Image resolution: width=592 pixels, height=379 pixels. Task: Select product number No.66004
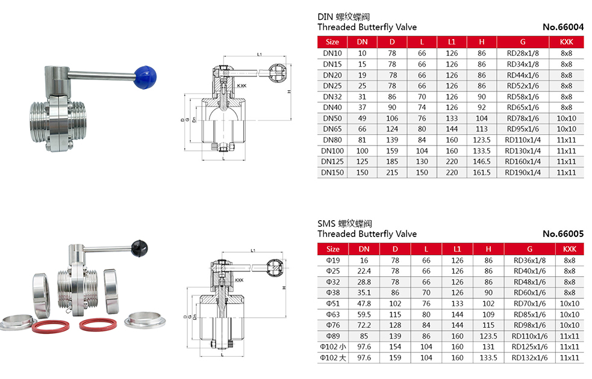(x=563, y=27)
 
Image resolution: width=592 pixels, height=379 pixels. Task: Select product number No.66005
(x=563, y=234)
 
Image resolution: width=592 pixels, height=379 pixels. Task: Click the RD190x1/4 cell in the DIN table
(x=523, y=173)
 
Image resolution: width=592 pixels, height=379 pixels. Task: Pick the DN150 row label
(x=332, y=173)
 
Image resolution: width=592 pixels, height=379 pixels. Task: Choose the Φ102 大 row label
(x=333, y=357)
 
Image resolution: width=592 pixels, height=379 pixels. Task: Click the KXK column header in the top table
(x=566, y=42)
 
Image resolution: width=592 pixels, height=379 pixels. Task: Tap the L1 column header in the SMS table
(x=457, y=249)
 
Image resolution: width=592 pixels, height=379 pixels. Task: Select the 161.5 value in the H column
(x=482, y=173)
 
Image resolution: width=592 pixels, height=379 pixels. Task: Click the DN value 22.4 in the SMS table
(x=364, y=271)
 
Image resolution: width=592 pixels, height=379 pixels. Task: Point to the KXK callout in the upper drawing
(x=241, y=86)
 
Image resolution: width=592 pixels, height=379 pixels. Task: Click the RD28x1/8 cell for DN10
(x=523, y=54)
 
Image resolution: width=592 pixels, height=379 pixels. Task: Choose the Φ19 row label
(x=333, y=260)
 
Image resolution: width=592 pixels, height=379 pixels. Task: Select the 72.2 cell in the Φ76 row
(x=364, y=325)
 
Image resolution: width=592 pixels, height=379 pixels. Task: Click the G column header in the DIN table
(x=523, y=42)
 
